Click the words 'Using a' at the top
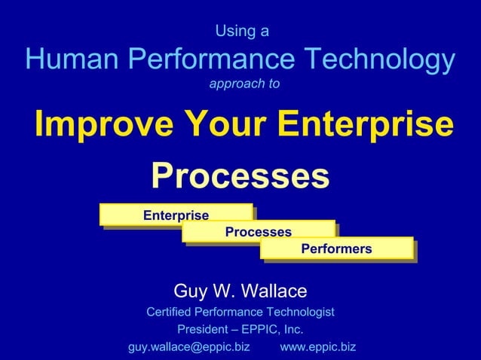(242, 32)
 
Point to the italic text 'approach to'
(244, 84)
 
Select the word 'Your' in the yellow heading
(222, 125)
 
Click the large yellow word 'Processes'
(240, 176)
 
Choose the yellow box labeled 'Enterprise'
(176, 215)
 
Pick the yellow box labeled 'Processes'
(258, 232)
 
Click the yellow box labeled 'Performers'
(336, 249)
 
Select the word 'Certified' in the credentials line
(170, 312)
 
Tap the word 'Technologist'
(299, 312)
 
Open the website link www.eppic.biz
(317, 347)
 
